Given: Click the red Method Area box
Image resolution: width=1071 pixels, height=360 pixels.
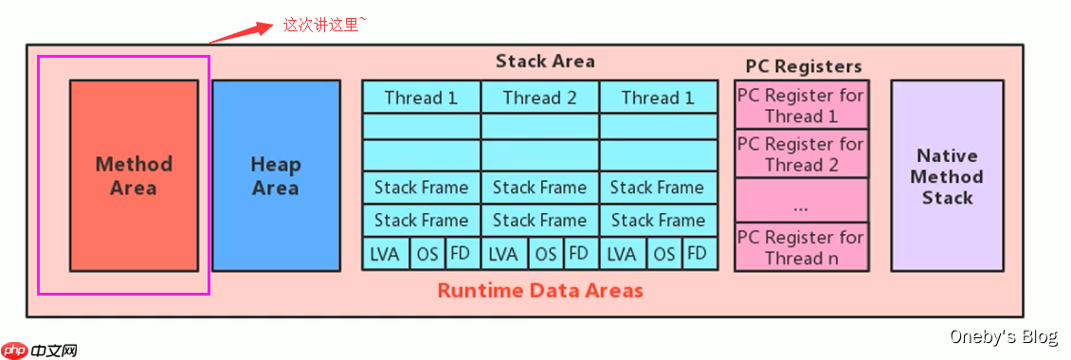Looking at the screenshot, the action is point(134,175).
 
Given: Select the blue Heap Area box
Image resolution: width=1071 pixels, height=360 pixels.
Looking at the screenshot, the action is point(276,175).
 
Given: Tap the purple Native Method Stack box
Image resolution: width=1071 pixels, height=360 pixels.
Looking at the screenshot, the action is point(947,175).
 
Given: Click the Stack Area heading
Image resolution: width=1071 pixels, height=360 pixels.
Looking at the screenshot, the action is point(545,62).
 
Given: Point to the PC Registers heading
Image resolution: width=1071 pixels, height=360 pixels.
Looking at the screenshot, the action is point(804,66).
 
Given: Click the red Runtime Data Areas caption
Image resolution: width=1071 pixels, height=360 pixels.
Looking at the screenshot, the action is point(540,290).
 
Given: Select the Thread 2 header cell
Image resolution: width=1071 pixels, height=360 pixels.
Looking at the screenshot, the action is point(540,97).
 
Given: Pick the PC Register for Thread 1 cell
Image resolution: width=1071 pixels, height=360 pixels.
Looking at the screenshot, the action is point(801,105).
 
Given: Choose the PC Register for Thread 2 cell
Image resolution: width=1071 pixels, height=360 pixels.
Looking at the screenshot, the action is point(801,153).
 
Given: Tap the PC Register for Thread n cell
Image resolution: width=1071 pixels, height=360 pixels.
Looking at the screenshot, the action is point(801,247).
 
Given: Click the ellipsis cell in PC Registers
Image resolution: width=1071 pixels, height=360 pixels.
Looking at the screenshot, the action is point(801,200).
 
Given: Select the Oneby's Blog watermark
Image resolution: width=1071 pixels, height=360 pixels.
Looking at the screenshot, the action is point(1004,336).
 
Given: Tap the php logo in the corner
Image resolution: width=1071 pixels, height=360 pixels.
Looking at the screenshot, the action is point(14,351).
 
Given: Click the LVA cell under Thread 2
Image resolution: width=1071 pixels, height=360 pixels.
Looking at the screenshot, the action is point(505,254).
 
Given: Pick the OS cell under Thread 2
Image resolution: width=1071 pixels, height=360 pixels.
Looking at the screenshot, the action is point(546,254).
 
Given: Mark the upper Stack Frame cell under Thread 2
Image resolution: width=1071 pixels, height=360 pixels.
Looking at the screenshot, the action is point(540,188).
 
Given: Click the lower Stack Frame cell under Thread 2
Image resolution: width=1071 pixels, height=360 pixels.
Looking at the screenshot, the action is point(540,221).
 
